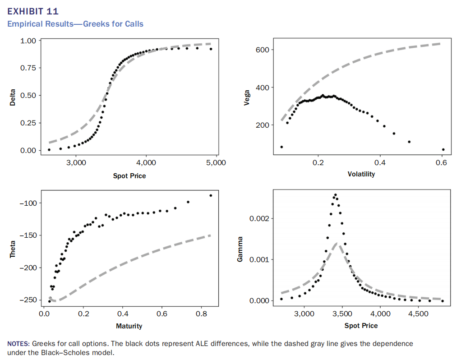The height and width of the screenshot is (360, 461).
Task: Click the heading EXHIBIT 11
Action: point(33,11)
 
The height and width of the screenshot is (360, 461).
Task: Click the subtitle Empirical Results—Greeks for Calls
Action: point(75,23)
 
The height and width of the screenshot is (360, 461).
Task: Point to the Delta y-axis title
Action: point(13,97)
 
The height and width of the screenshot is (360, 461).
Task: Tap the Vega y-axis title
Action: point(246,97)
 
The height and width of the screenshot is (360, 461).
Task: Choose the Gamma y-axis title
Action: point(240,249)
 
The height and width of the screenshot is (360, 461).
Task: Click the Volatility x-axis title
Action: point(361,174)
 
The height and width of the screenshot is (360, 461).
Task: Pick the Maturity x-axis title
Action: point(129,326)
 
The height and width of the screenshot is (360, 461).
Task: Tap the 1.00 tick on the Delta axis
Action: point(28,41)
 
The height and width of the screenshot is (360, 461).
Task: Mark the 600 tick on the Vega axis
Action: point(263,50)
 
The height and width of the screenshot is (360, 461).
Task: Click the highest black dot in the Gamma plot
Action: point(335,195)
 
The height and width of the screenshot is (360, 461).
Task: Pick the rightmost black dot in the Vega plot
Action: point(443,149)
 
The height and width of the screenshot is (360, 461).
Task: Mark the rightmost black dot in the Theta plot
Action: point(211,195)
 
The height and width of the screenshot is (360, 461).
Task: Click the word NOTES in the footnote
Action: point(18,344)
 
